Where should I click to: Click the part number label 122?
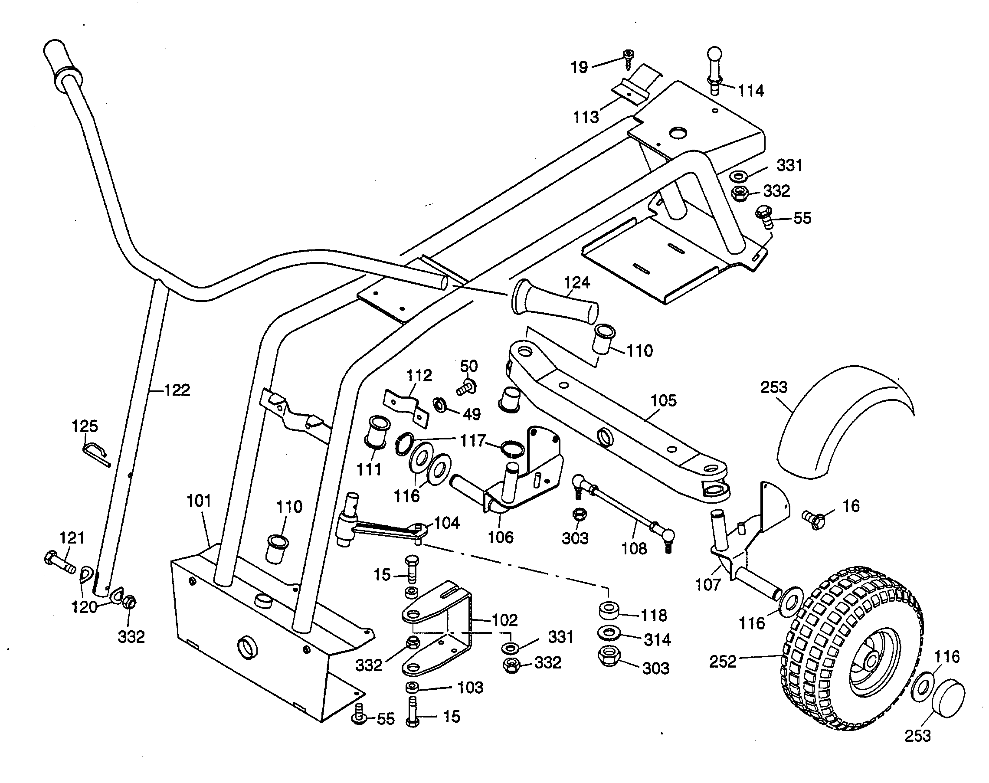[x=177, y=390]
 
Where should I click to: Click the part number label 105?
[x=663, y=401]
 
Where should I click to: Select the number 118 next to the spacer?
[x=654, y=615]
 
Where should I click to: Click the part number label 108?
[x=634, y=548]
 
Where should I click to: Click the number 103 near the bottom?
[x=470, y=688]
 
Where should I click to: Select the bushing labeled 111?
[x=377, y=432]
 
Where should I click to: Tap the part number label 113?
[x=586, y=118]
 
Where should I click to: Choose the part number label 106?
[x=500, y=537]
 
